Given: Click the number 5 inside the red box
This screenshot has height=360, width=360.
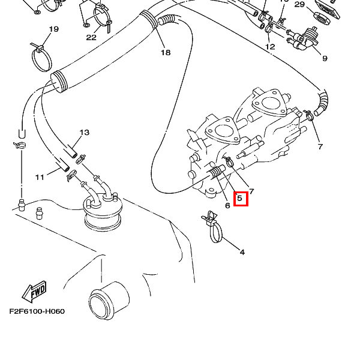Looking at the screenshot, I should [240, 198].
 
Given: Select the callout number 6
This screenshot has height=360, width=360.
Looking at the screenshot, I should [227, 206].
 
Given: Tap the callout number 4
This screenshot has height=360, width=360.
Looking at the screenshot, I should [242, 252].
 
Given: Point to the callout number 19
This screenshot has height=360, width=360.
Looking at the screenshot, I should [53, 29].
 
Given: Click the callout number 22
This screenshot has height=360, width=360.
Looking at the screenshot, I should [91, 37].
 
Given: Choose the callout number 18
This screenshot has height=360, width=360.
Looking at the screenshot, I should [166, 52].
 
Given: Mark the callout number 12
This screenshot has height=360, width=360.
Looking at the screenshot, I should [270, 46].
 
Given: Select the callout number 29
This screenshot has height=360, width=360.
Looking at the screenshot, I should [300, 5].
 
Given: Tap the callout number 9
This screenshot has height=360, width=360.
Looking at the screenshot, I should [325, 58].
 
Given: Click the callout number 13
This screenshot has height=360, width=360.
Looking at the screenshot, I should [84, 133].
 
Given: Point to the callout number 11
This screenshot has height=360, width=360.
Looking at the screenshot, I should [40, 177].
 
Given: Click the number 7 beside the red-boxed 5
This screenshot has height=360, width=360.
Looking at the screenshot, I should [252, 191].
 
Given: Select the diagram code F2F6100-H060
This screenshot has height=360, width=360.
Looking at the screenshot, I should [37, 311].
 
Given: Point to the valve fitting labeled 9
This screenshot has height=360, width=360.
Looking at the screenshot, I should [308, 37].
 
